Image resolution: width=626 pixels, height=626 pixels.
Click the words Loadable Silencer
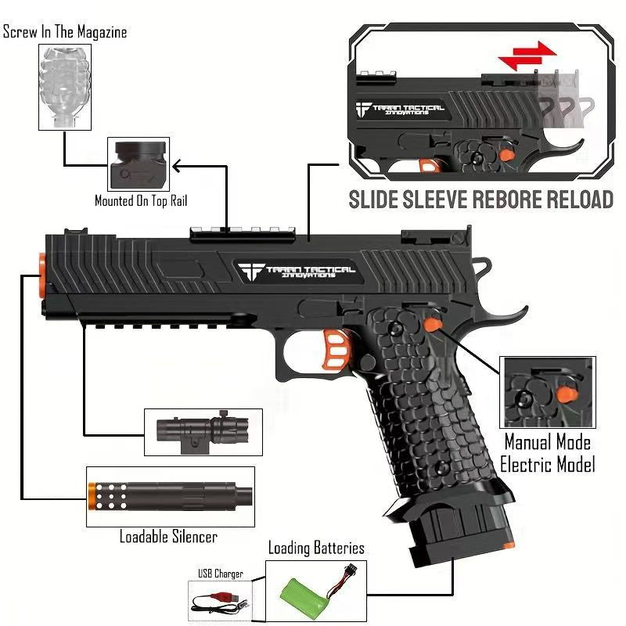coord(168,537)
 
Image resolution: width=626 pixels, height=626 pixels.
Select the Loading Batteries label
coord(316,549)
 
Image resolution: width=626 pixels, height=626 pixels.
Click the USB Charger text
coord(221,574)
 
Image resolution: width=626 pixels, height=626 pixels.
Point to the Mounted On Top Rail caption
coord(141,201)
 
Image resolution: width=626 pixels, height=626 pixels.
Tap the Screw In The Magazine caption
coord(65,33)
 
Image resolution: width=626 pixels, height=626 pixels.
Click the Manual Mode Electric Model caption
coord(548,452)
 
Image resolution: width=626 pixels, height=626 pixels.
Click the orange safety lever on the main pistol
coord(433,322)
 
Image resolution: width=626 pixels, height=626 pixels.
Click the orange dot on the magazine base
coord(510,544)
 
